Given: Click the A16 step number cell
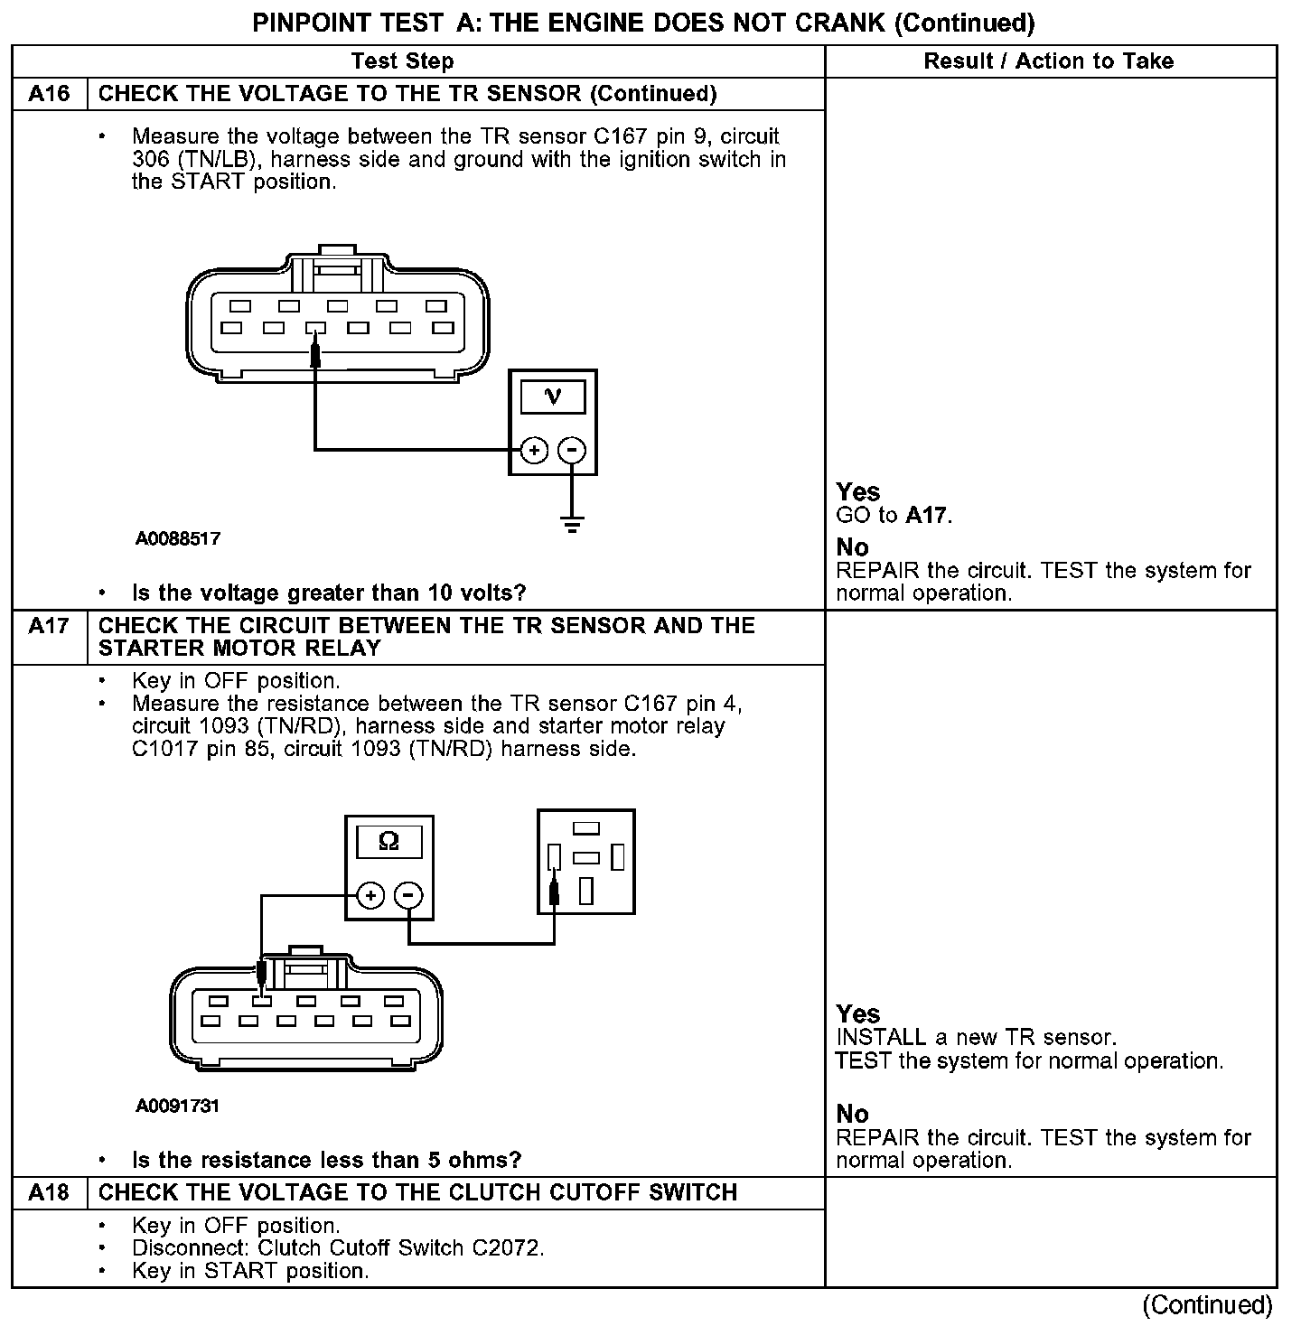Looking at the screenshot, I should coord(49,94).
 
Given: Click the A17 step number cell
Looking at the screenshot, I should coord(49,625).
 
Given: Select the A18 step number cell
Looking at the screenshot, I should coord(49,1192).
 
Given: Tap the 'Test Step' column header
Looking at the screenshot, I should coord(402,61).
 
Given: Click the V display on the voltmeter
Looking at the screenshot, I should coord(553,397).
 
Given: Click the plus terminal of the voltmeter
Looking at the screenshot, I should coord(535,450).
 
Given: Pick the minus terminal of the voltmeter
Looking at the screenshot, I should coord(571,450).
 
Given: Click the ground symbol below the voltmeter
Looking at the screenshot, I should coord(571,524).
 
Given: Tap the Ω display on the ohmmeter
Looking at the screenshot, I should coord(388,842).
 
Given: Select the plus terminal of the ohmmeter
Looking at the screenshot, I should coord(371,895).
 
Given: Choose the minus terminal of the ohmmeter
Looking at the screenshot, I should coord(408,895).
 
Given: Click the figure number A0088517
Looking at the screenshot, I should coord(178,539).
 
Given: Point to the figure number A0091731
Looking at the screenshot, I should coord(178,1106).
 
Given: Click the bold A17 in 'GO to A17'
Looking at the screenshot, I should coord(927,516).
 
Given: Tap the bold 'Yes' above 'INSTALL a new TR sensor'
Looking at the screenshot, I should coord(857,1013).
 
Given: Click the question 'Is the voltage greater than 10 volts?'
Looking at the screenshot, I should coord(329,593).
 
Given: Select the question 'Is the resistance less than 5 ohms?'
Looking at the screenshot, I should coord(326,1160).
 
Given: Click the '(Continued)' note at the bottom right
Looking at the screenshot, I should coord(1207,1304).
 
